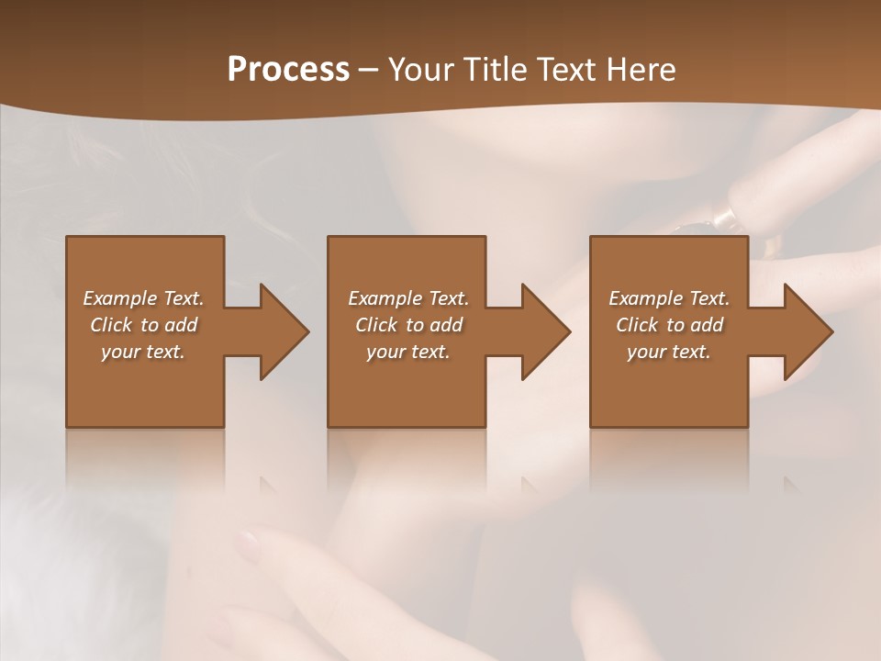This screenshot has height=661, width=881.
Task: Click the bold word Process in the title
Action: point(288,70)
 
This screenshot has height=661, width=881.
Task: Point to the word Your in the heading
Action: point(421,70)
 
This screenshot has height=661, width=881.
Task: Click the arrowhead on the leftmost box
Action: point(284,331)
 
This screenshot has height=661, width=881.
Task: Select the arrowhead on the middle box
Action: point(545,331)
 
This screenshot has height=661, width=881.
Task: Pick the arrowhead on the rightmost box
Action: point(808,331)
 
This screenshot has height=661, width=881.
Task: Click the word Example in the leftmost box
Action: point(120,298)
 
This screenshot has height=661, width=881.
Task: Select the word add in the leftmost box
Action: point(182,325)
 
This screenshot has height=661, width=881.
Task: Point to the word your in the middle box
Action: point(386,352)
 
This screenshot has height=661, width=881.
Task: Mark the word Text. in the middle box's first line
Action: point(447,298)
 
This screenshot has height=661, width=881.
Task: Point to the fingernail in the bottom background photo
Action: point(248,545)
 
